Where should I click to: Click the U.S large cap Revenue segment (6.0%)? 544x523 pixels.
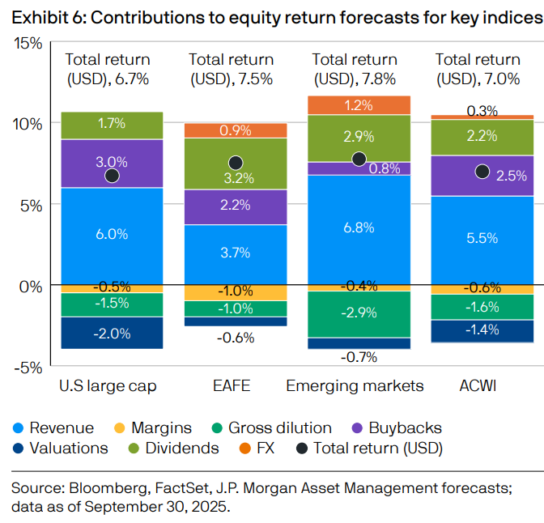(x=112, y=235)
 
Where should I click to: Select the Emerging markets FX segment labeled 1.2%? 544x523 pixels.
(x=359, y=105)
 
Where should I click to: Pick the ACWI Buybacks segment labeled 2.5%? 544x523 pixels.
(x=482, y=175)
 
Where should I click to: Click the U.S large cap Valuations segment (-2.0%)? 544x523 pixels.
(x=112, y=333)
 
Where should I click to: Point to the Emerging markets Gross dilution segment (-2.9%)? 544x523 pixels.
(x=359, y=313)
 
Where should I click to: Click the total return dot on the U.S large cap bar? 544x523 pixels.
(x=113, y=176)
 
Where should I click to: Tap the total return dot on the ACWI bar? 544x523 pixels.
(x=482, y=171)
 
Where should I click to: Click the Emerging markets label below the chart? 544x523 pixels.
(x=355, y=386)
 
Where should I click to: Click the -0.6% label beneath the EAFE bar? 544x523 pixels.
(x=236, y=338)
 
